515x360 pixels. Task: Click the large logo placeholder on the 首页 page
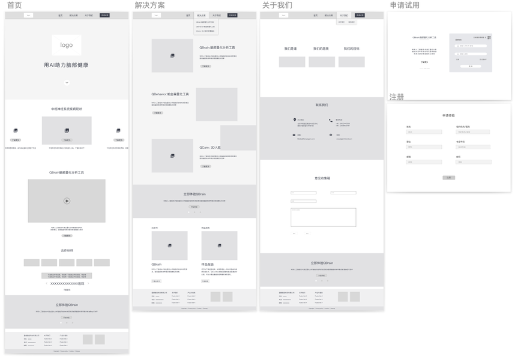[x=66, y=45]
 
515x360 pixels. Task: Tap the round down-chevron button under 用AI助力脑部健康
[x=67, y=83]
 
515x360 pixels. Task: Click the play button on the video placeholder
[x=67, y=201]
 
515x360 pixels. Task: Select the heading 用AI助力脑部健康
[x=66, y=65]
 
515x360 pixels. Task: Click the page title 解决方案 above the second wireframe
[x=149, y=5]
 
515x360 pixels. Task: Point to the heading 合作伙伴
[x=67, y=250]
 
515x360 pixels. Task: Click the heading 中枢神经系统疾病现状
[x=67, y=109]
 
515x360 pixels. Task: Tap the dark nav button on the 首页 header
[x=105, y=16]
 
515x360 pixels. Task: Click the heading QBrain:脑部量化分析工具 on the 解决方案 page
[x=217, y=47]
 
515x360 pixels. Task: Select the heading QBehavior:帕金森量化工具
[x=170, y=94]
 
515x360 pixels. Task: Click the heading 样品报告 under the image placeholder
[x=209, y=265]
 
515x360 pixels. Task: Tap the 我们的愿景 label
[x=321, y=49]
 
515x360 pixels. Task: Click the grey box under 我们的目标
[x=351, y=62]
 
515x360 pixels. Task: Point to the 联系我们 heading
[x=322, y=105]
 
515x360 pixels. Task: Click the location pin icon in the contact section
[x=295, y=120]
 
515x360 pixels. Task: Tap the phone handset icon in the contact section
[x=331, y=121]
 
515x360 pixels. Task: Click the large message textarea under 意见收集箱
[x=323, y=217]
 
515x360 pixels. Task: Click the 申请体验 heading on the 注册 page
[x=448, y=115]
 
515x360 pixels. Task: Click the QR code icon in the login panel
[x=489, y=38]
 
